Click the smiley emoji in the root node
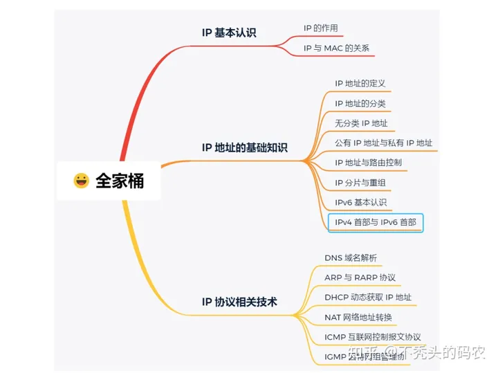pyautogui.click(x=82, y=181)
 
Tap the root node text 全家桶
pyautogui.click(x=120, y=181)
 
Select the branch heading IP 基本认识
pyautogui.click(x=228, y=33)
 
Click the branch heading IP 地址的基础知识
pyautogui.click(x=244, y=147)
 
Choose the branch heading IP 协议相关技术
pyautogui.click(x=239, y=302)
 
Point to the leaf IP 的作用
pyautogui.click(x=320, y=28)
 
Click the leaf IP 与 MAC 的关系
pyautogui.click(x=336, y=48)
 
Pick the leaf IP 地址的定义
pyautogui.click(x=360, y=84)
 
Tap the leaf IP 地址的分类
pyautogui.click(x=360, y=104)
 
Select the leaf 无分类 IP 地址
pyautogui.click(x=361, y=124)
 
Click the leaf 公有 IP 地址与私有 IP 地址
pyautogui.click(x=383, y=143)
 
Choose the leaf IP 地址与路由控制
pyautogui.click(x=368, y=163)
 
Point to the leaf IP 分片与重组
pyautogui.click(x=360, y=183)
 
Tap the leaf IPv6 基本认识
pyautogui.click(x=360, y=203)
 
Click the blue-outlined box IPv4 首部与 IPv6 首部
pyautogui.click(x=375, y=223)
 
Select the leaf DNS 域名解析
pyautogui.click(x=351, y=258)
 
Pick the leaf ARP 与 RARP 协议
pyautogui.click(x=360, y=278)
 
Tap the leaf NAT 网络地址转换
pyautogui.click(x=358, y=318)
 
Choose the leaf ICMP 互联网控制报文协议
pyautogui.click(x=372, y=337)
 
